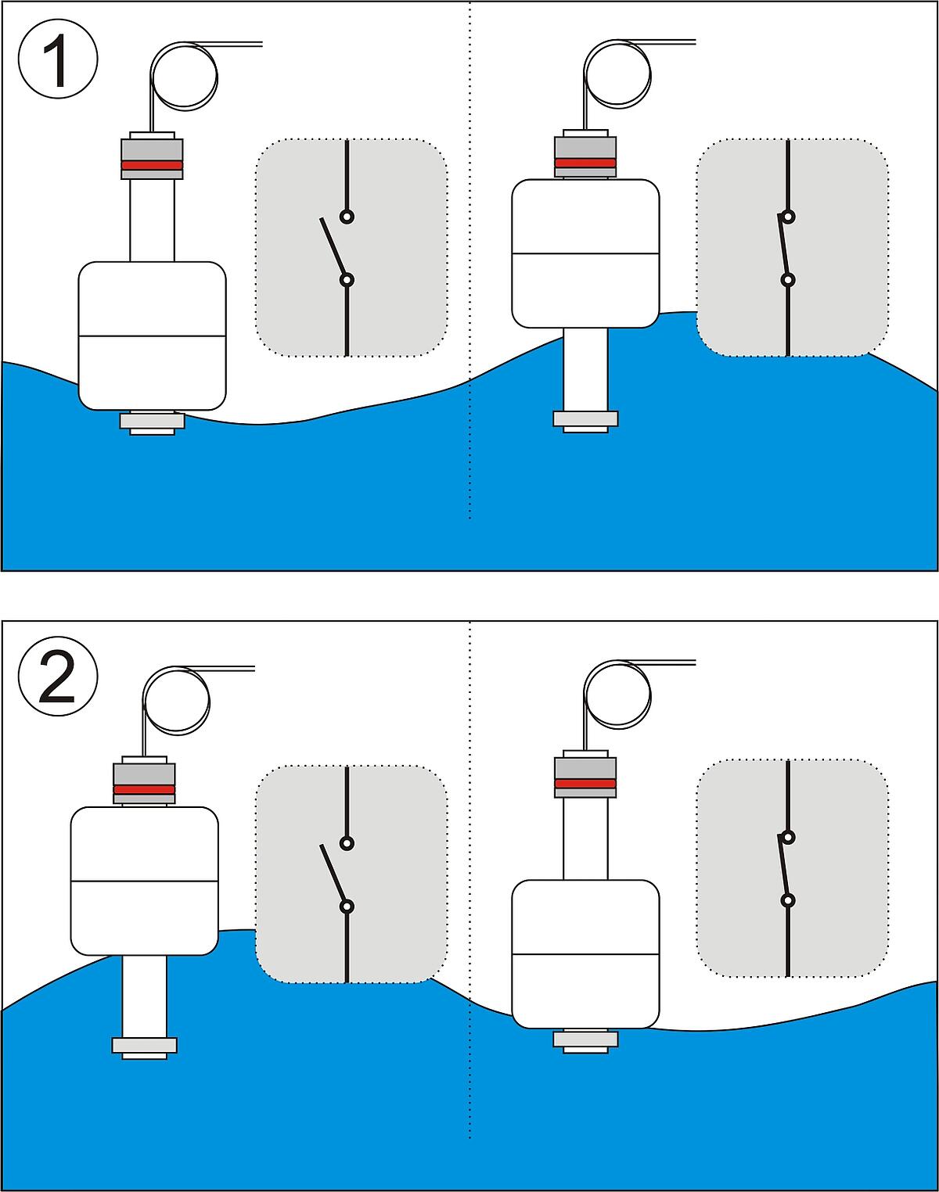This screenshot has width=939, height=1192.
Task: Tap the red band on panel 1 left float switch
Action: point(152,166)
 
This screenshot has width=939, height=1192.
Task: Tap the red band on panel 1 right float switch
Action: point(585,163)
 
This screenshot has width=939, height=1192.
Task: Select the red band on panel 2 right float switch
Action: point(585,783)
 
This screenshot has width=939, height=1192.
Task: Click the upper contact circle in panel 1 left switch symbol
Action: point(347,217)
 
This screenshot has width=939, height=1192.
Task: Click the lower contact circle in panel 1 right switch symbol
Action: point(788,279)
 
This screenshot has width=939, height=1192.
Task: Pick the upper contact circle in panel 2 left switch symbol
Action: point(347,842)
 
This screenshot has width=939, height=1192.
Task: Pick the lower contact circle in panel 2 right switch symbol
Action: point(788,899)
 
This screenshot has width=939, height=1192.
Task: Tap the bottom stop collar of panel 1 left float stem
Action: point(152,422)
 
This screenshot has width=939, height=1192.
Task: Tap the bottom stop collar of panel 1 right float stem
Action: point(585,419)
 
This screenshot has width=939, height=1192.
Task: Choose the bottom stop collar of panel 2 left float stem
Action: point(144,1046)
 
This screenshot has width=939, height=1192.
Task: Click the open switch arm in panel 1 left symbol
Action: point(333,248)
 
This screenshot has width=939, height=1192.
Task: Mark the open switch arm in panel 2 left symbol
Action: point(333,874)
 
